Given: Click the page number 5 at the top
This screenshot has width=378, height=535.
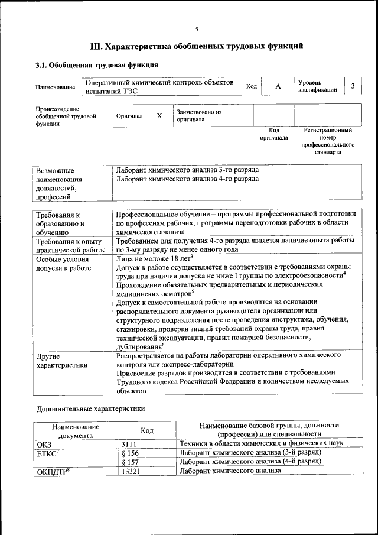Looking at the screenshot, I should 197,29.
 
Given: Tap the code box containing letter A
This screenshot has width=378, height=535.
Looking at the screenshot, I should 278,87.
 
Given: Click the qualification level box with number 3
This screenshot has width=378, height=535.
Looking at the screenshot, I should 353,87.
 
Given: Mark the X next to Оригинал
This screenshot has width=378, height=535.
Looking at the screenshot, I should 159,116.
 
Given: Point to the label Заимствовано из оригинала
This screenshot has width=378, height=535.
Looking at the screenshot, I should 198,115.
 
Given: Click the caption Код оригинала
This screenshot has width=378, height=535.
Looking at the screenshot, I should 273,134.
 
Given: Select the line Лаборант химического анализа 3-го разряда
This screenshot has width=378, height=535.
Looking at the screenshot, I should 187,170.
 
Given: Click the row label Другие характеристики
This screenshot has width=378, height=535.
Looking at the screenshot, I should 62,361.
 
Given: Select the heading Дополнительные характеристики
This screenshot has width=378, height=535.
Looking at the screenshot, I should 90,408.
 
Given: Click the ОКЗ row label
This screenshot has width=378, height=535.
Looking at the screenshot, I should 45,443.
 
